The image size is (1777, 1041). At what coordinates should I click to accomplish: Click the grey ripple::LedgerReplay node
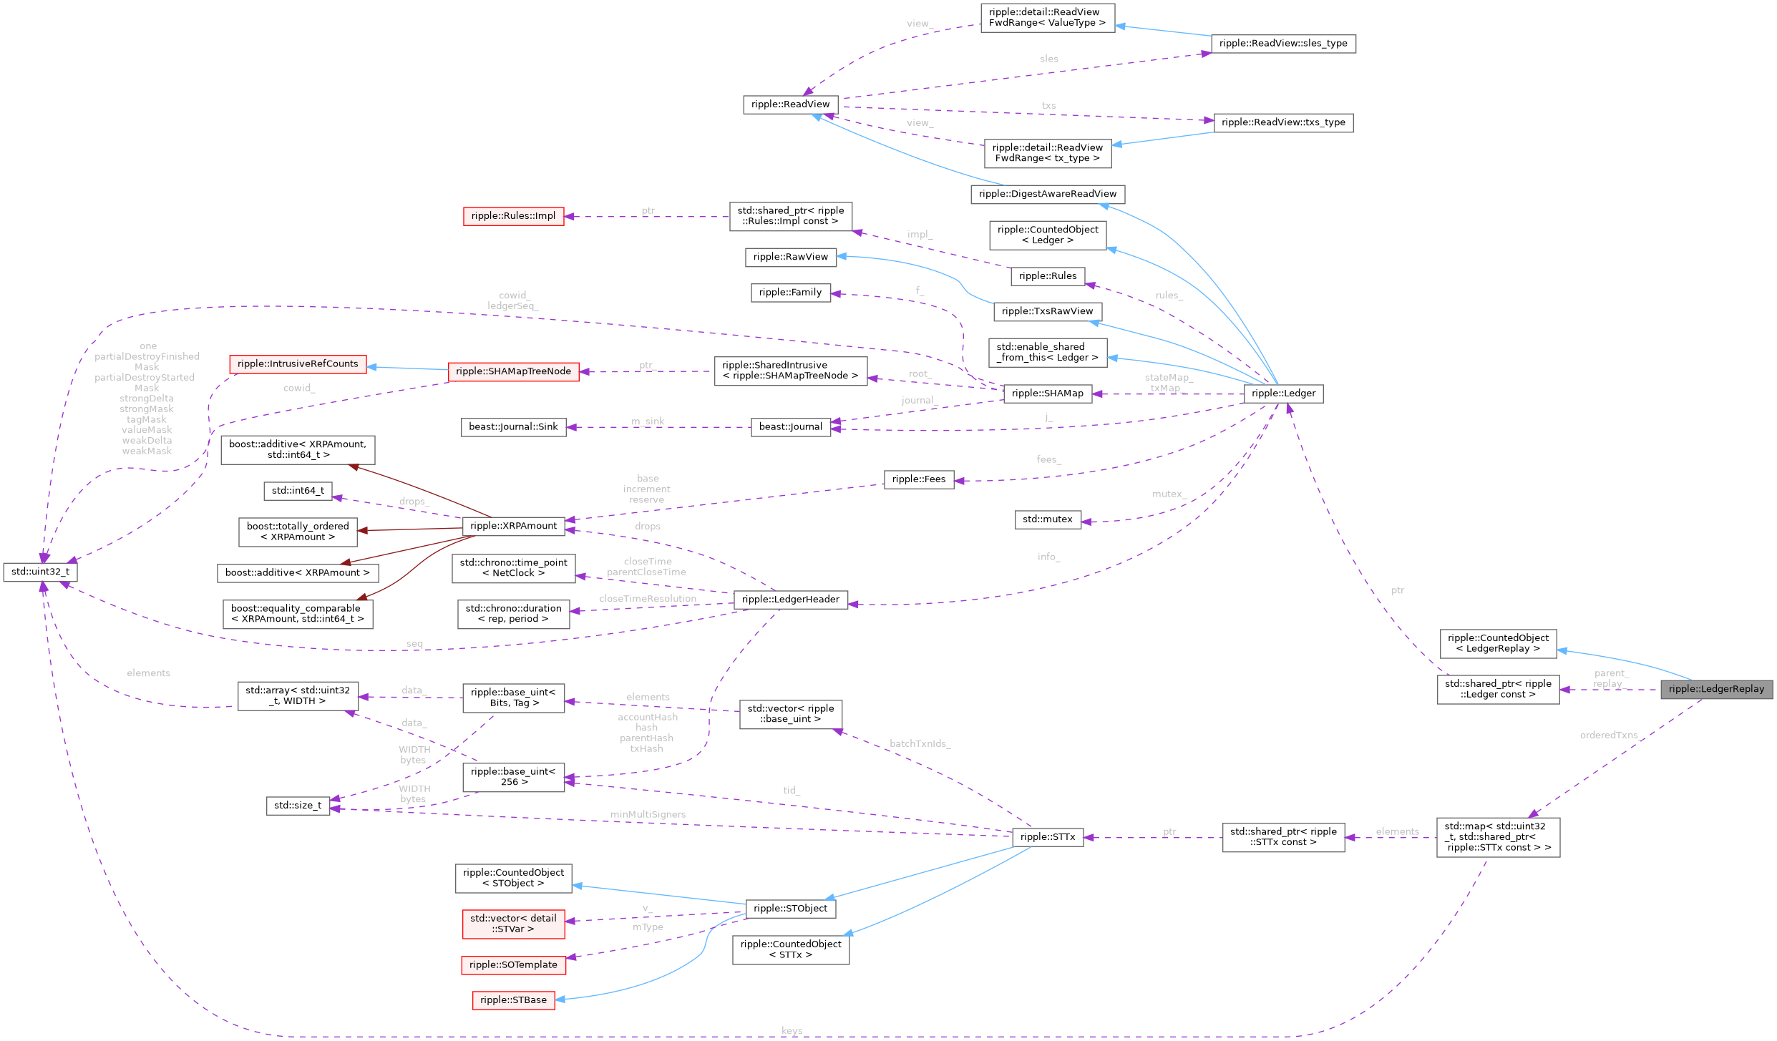1715,689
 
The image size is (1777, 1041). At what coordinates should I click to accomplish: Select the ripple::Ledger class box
1283,394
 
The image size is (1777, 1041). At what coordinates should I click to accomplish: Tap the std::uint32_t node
40,572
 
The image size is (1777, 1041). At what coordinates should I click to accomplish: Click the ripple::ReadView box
790,104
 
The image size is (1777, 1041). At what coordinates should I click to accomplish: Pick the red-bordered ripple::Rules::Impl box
513,216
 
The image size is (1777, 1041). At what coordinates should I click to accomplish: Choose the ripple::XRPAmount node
513,526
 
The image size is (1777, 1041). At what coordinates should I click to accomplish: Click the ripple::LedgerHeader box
790,600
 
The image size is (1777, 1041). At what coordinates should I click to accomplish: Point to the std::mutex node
1047,519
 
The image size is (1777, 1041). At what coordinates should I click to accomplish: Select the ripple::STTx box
1047,837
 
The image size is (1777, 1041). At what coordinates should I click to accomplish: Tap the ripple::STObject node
790,909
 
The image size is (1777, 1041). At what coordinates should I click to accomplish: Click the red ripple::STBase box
513,1000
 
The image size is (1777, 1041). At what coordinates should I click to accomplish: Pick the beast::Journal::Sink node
513,427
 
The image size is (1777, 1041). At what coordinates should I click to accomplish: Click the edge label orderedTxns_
1609,735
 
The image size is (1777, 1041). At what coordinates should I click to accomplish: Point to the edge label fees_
1048,459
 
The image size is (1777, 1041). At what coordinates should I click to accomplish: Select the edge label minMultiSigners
647,814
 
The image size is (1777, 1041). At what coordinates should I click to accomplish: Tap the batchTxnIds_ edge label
920,744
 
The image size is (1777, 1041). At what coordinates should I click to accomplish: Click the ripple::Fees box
918,479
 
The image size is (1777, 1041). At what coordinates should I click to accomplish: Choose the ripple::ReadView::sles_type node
1282,44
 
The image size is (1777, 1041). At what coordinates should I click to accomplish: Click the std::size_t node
298,806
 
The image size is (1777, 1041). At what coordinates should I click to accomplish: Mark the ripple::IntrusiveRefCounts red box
298,364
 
